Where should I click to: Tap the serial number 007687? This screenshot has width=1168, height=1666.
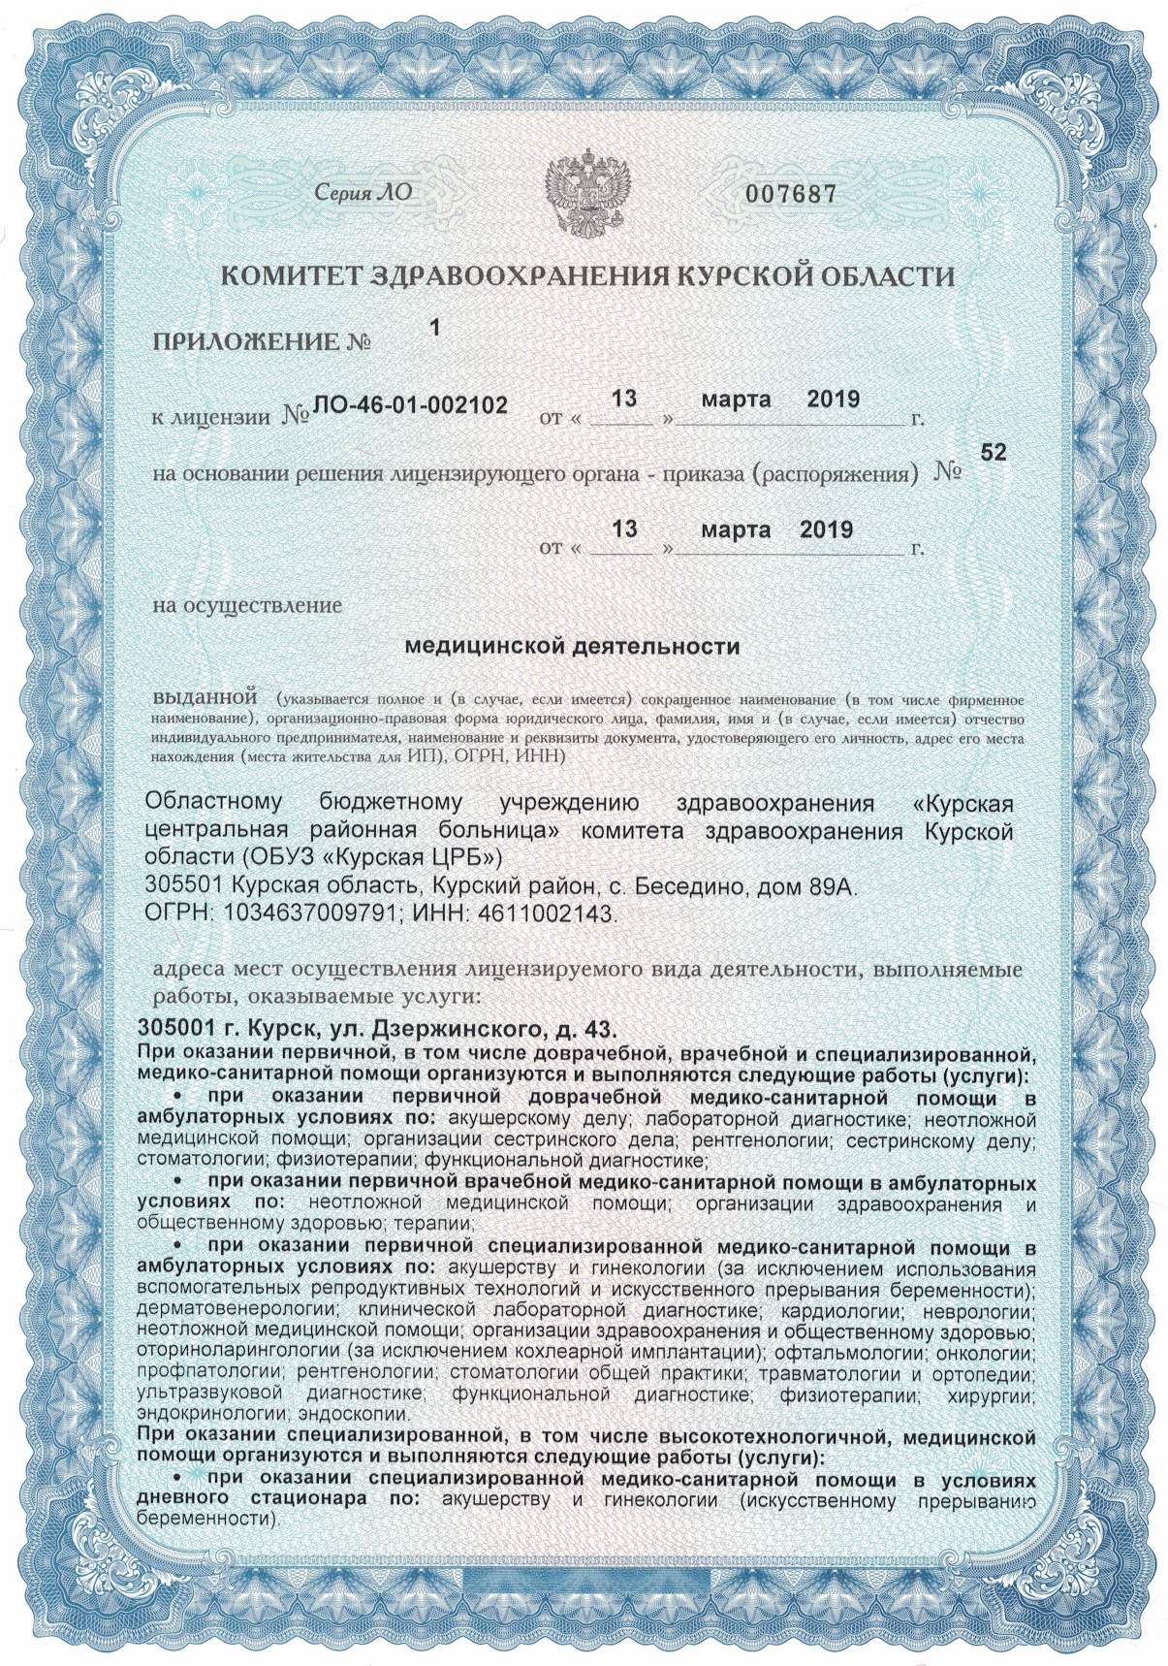coord(790,194)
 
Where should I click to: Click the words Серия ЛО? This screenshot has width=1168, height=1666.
coord(363,193)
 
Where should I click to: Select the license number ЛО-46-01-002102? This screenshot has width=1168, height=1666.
coord(410,405)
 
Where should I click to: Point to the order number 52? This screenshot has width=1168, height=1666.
coord(994,452)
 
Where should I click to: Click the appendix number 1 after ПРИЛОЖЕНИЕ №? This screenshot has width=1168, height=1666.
coord(435,328)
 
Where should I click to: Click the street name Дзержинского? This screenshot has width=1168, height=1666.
coord(452,1028)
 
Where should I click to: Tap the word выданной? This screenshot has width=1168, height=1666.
coord(204,697)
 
